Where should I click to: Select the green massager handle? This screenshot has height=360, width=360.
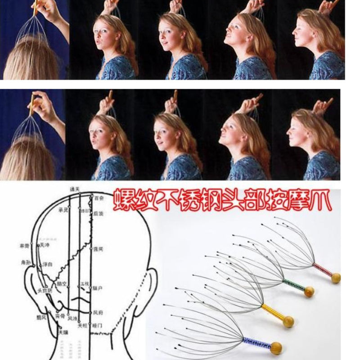[293, 285]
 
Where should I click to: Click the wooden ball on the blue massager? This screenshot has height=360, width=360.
[276, 348]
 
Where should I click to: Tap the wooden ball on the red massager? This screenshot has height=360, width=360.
[336, 278]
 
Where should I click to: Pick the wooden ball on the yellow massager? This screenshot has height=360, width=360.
[288, 321]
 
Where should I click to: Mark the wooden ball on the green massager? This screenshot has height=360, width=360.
[309, 292]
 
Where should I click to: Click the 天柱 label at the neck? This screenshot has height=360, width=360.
[82, 325]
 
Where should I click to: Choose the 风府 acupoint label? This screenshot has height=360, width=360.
[99, 311]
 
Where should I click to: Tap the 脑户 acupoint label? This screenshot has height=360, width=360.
[98, 287]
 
